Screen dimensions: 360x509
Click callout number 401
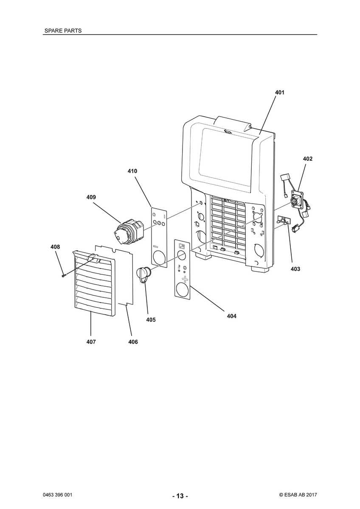click(279, 92)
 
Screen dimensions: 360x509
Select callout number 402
click(307, 159)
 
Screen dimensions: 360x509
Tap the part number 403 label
click(295, 269)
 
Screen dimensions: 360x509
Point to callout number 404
click(231, 316)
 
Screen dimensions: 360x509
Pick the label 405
click(151, 320)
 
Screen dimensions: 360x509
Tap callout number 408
click(55, 247)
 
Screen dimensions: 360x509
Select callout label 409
click(91, 197)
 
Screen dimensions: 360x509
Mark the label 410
click(132, 171)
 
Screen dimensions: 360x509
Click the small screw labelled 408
click(63, 275)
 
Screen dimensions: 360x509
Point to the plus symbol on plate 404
click(185, 279)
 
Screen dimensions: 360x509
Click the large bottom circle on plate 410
click(159, 258)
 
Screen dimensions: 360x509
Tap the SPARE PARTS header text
click(63, 31)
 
